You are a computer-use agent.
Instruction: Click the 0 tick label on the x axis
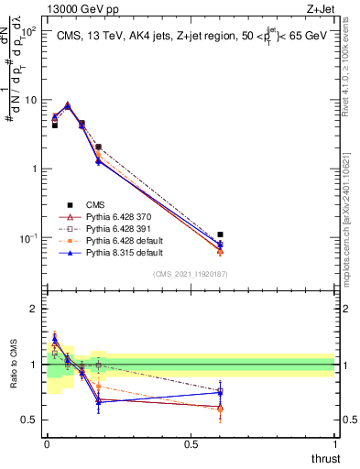[46, 442]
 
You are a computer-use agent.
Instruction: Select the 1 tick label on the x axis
[334, 442]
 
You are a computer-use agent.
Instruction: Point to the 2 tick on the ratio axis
[36, 310]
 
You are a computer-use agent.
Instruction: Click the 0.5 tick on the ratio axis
[31, 420]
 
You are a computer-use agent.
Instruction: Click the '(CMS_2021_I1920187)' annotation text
[190, 274]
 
